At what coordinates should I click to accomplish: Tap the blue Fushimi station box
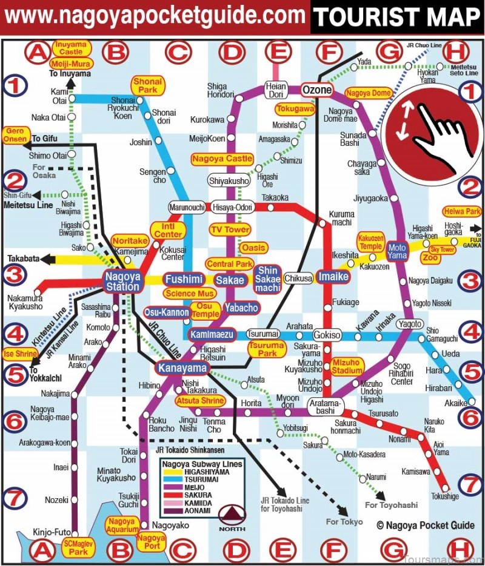[x=184, y=280]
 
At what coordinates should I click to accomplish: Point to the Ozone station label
[x=317, y=90]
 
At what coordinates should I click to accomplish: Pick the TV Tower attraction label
[x=230, y=229]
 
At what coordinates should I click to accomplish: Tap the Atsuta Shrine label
[x=200, y=401]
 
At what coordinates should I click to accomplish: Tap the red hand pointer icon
[x=432, y=127]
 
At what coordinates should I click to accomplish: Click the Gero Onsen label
[x=15, y=135]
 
